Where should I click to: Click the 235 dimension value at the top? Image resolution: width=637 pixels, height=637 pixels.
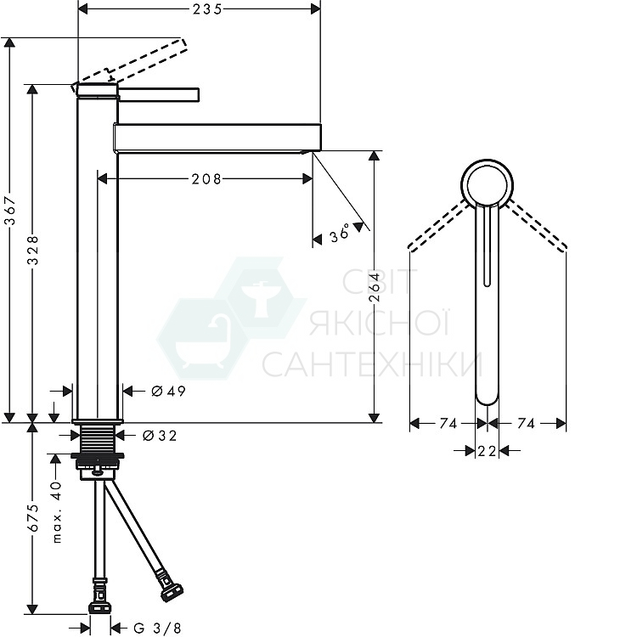coord(207,9)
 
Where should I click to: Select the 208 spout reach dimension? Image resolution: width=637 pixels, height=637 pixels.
coord(206,178)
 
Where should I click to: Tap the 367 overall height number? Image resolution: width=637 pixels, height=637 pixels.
coord(9,211)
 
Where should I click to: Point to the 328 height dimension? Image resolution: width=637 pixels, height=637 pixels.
coord(33,250)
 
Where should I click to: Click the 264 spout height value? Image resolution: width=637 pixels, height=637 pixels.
coord(374,287)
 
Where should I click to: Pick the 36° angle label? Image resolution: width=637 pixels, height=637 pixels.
coord(340,234)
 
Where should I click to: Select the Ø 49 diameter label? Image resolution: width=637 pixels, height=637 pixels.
coord(169,392)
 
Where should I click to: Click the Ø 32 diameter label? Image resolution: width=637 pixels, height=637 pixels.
coord(160,436)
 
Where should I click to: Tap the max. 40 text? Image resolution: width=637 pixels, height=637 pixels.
coord(56,512)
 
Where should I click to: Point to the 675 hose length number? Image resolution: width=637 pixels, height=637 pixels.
coord(33,518)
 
